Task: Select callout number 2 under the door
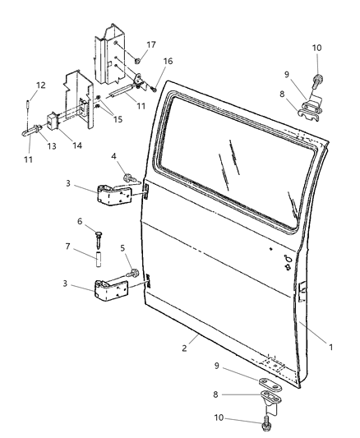click(x=187, y=348)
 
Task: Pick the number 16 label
click(x=167, y=60)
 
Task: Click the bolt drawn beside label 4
click(x=129, y=176)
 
